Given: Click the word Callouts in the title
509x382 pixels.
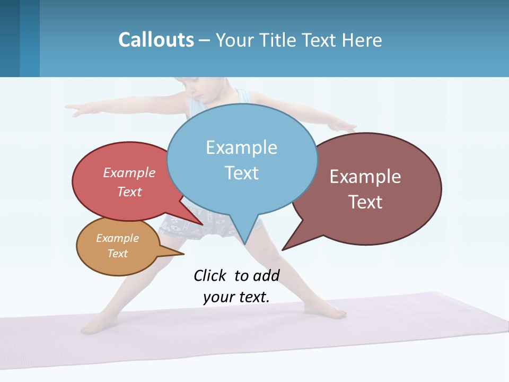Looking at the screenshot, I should click(156, 40).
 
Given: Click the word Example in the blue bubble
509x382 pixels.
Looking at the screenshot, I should click(241, 147).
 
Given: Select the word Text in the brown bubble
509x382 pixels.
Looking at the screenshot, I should click(365, 202).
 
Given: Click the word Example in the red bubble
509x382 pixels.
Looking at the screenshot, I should click(129, 172).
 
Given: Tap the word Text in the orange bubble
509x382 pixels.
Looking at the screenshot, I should click(118, 254).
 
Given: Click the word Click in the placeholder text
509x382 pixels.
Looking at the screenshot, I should click(210, 275).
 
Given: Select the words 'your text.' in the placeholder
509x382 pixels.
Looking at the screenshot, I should click(236, 297).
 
